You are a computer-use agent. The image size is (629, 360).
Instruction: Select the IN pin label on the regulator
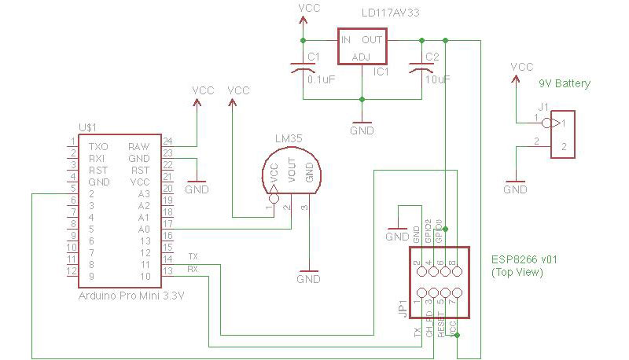pos(346,39)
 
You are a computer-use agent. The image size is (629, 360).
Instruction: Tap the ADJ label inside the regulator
pos(361,57)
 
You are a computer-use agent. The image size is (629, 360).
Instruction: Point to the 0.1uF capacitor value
pos(321,79)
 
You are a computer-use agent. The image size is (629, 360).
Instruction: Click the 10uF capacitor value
pos(437,79)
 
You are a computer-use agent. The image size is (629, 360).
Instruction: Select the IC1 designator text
pos(382,72)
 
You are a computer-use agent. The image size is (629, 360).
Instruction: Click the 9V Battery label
pos(564,83)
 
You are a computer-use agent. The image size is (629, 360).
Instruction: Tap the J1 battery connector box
pos(563,135)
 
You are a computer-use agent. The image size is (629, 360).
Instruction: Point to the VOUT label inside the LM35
pos(292,171)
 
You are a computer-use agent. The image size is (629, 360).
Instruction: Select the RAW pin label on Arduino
pos(139,146)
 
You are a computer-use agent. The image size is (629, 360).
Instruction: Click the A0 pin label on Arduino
pos(143,229)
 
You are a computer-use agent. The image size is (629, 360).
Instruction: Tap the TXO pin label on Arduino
pos(99,146)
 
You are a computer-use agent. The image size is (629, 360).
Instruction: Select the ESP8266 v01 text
pos(524,259)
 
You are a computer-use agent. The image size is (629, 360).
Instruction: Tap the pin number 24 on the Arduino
pos(167,141)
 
